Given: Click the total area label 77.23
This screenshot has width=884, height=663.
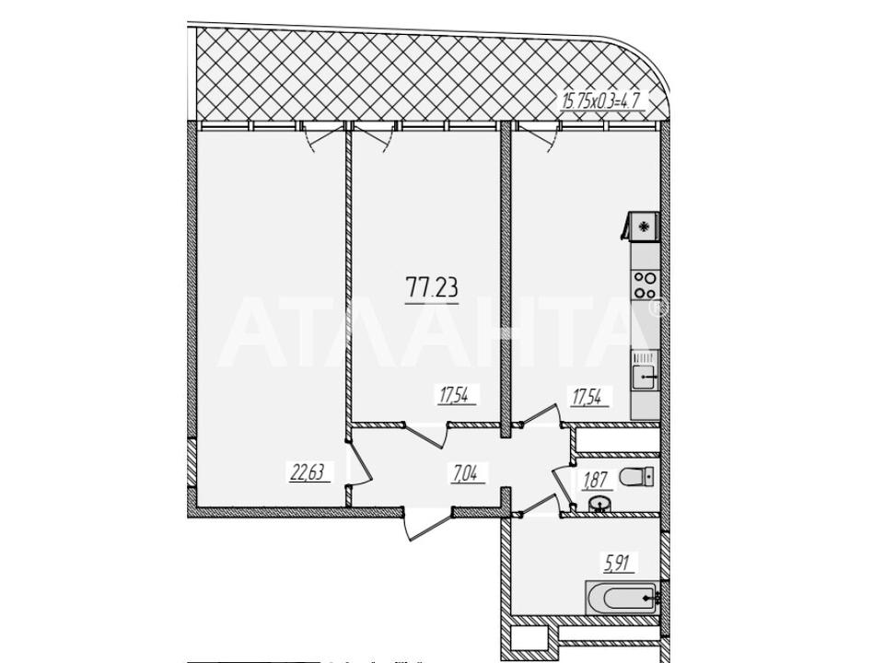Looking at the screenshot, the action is click(x=432, y=287).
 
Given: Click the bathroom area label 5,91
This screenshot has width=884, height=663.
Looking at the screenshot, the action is click(x=616, y=564).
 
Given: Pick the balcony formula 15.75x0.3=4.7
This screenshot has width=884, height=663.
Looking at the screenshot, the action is click(x=602, y=101).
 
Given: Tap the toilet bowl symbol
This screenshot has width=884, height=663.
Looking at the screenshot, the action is click(x=636, y=478).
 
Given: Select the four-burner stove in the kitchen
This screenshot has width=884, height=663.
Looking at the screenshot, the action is click(x=645, y=285).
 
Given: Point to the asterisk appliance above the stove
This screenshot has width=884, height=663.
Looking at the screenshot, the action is click(x=643, y=227).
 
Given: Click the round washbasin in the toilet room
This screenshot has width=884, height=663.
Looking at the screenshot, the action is click(x=599, y=505).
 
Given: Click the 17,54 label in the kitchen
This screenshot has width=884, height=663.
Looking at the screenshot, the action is click(x=591, y=398).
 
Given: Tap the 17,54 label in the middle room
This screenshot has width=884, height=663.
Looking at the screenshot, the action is click(x=458, y=395).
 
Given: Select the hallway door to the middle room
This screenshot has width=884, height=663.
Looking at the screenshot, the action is click(x=425, y=434).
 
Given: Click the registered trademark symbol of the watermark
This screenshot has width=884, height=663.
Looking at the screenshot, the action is click(x=657, y=308).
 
